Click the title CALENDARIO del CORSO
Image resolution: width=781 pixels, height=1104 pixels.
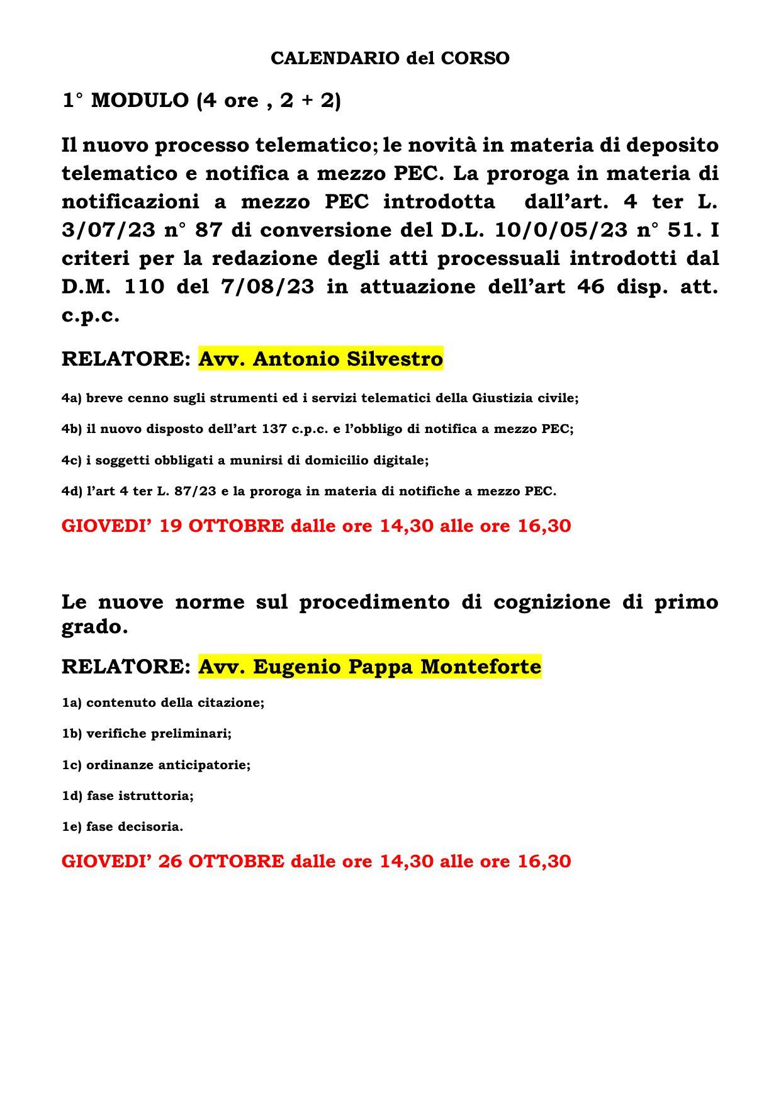[390, 59]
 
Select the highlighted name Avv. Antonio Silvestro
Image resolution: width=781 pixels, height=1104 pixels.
[320, 359]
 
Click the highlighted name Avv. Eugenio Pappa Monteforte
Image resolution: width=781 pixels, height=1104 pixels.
[369, 666]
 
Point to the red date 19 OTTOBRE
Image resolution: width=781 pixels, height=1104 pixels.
[222, 526]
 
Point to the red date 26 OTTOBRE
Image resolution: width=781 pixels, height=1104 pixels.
[222, 860]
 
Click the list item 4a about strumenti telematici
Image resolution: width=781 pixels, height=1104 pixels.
[320, 398]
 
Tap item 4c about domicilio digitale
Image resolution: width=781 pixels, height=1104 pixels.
[245, 460]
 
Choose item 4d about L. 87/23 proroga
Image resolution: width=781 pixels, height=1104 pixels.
[308, 491]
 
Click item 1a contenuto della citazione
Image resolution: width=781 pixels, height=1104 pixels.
[162, 702]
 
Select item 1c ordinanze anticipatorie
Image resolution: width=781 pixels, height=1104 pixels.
[155, 765]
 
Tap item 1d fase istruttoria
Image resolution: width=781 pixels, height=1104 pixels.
[127, 796]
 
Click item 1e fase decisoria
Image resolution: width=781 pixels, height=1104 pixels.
[122, 826]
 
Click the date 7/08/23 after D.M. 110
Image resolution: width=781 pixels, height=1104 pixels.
[267, 287]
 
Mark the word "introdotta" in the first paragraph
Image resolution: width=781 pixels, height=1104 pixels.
[439, 202]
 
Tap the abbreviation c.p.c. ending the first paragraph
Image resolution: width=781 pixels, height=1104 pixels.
[90, 315]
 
